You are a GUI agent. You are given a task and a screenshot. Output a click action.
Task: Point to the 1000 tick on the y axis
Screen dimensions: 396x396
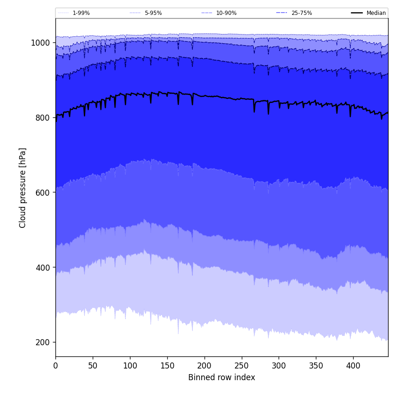click(x=40, y=43)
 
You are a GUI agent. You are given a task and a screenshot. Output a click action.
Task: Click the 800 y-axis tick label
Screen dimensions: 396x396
click(x=42, y=118)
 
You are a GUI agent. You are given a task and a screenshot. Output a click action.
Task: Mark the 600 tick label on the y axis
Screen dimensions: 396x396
click(x=42, y=192)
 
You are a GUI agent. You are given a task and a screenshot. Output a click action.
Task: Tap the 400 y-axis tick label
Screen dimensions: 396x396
click(x=42, y=267)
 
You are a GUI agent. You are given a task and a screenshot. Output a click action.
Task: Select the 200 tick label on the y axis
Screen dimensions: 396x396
click(x=42, y=342)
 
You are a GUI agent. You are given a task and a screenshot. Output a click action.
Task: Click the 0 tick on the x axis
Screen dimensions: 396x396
click(x=55, y=366)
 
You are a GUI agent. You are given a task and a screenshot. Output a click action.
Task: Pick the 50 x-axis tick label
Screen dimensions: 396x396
click(x=93, y=366)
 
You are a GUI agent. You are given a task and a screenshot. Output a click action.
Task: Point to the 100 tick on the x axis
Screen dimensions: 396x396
click(x=130, y=366)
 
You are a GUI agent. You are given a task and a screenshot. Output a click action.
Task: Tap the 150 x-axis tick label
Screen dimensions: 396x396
click(x=167, y=366)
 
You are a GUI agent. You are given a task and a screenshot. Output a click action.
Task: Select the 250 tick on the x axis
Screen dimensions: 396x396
click(x=241, y=366)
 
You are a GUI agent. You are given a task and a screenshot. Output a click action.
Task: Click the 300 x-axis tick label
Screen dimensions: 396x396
click(x=279, y=366)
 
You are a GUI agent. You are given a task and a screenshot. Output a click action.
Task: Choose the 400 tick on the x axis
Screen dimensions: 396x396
click(x=353, y=366)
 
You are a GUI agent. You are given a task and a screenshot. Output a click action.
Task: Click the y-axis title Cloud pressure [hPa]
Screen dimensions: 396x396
click(x=23, y=188)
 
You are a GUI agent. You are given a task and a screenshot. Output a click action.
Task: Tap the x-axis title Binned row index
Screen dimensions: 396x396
click(x=222, y=378)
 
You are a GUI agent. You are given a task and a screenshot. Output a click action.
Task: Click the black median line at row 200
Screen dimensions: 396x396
click(x=204, y=96)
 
